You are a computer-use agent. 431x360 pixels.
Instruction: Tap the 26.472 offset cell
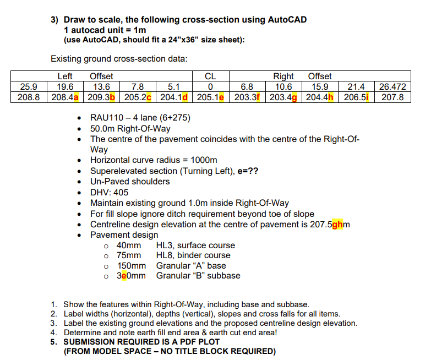393,86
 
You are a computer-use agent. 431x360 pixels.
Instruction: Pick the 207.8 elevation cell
393,97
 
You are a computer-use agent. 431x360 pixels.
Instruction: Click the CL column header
210,77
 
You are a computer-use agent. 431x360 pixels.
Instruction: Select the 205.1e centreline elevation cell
210,97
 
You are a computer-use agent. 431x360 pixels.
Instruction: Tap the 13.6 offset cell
102,86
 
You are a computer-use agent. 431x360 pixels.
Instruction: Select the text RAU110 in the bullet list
107,118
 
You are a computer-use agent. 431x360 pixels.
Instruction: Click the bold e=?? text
247,171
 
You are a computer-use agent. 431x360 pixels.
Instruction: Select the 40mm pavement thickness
129,246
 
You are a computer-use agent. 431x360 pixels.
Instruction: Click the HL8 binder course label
166,255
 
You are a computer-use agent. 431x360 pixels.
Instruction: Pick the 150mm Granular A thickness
131,265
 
